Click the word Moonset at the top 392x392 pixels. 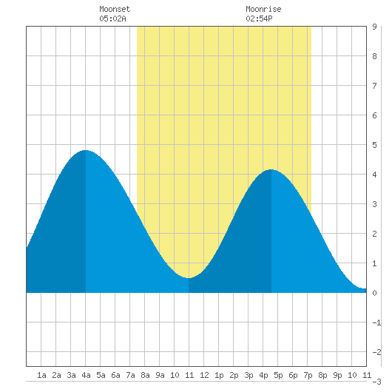click(x=115, y=9)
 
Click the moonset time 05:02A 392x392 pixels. click(x=112, y=18)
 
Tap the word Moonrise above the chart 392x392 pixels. click(x=263, y=9)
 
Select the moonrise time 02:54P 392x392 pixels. click(x=259, y=18)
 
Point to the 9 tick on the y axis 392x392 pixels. click(x=374, y=27)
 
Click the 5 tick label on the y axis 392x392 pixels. click(x=374, y=145)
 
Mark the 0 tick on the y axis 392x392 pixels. click(x=374, y=293)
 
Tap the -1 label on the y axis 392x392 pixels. click(x=376, y=322)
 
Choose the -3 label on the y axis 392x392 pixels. click(x=376, y=382)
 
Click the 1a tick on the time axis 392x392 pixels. click(x=41, y=375)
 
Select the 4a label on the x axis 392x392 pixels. click(x=86, y=375)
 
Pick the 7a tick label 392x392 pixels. click(x=130, y=375)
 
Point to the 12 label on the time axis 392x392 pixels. click(x=204, y=375)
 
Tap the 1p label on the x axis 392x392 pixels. click(x=219, y=375)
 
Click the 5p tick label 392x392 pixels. click(x=278, y=375)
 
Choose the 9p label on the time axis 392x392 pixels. click(x=337, y=375)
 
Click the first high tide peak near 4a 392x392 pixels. click(x=86, y=150)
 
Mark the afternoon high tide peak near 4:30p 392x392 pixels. click(x=271, y=169)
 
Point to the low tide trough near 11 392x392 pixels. click(x=189, y=278)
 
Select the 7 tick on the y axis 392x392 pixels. click(x=374, y=86)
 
